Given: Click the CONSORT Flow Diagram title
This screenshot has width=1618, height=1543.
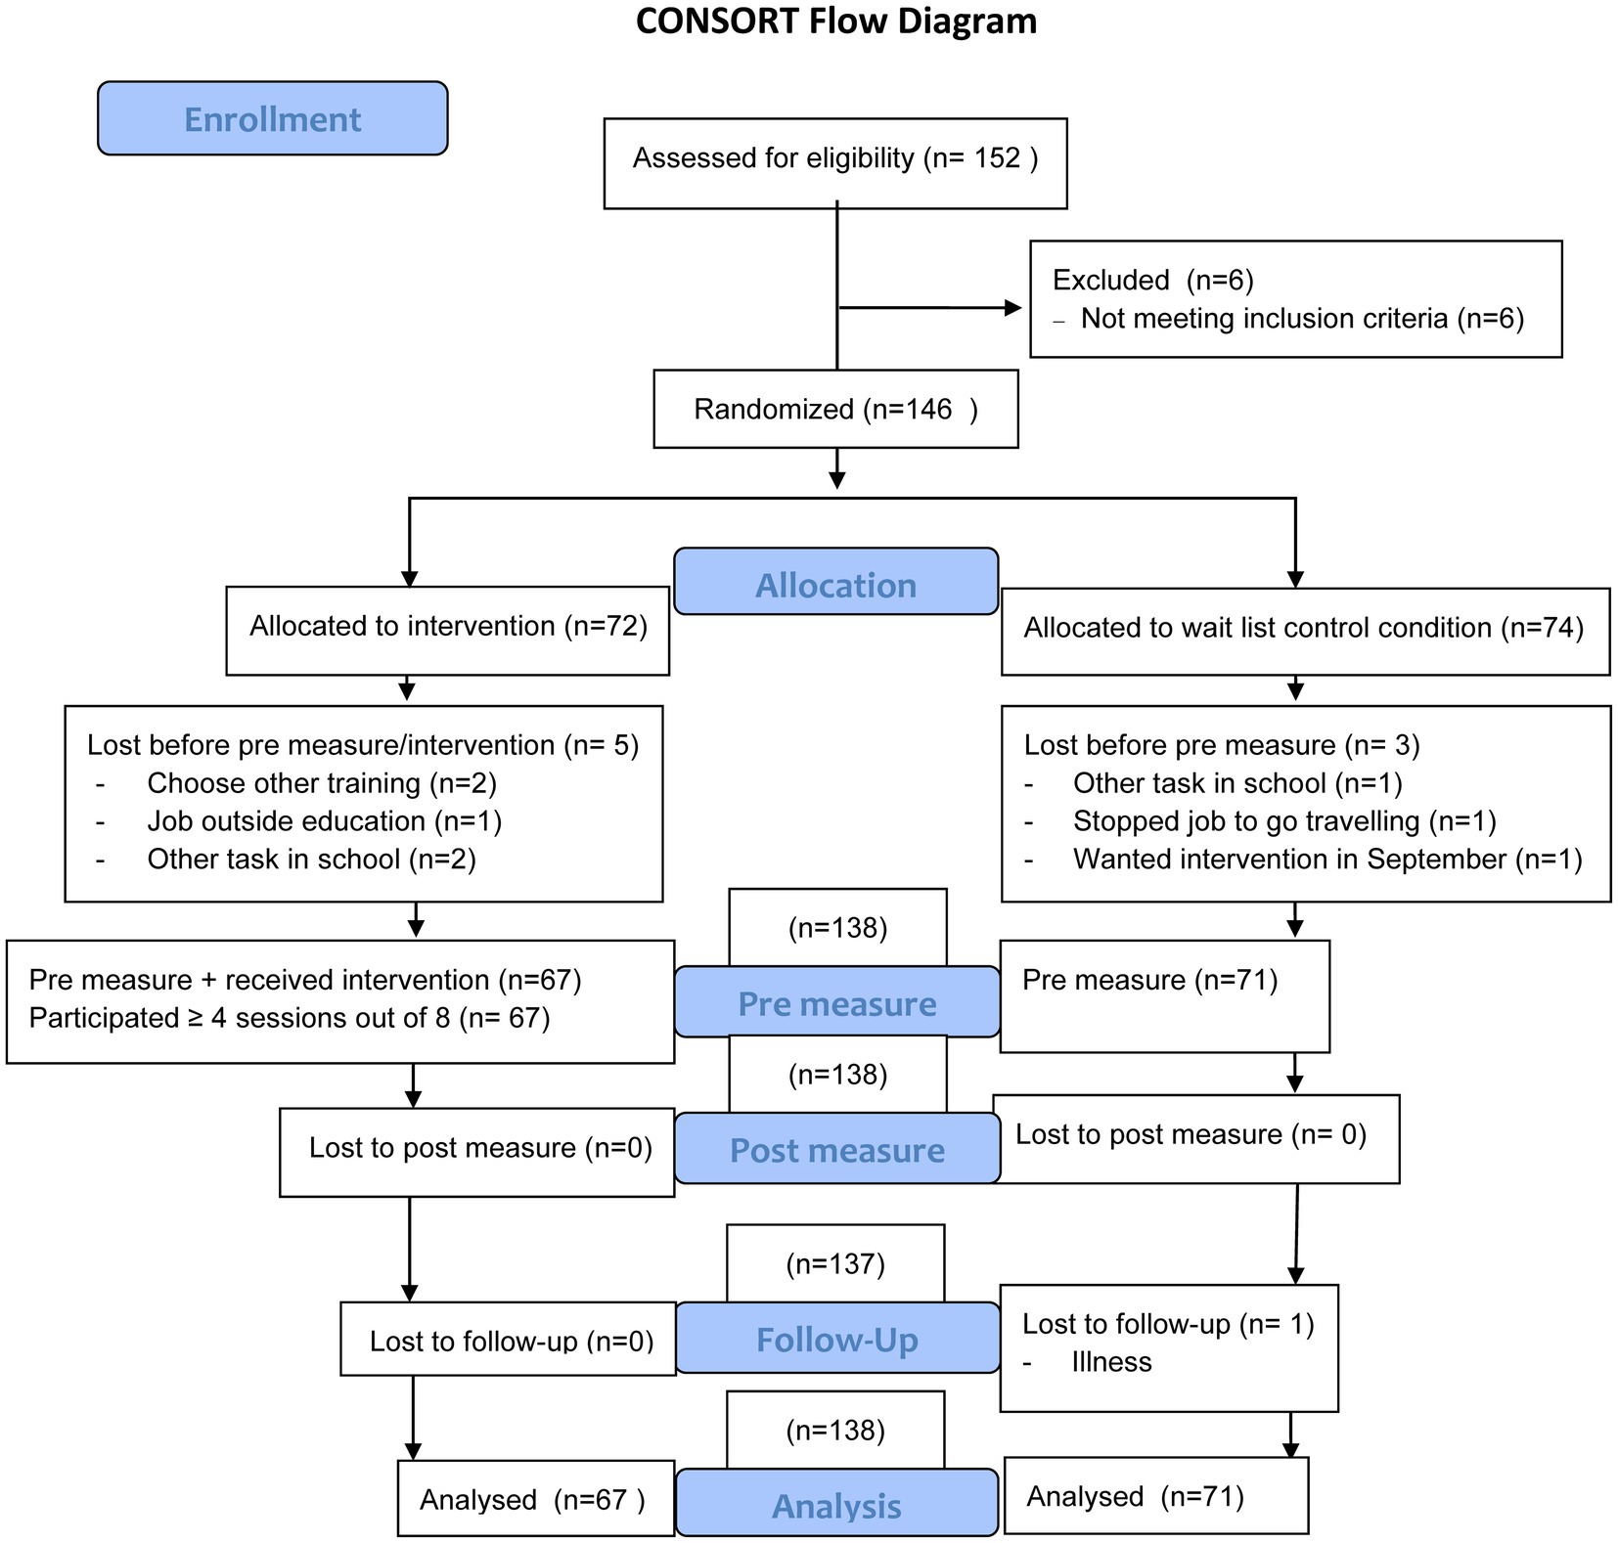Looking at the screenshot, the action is (835, 21).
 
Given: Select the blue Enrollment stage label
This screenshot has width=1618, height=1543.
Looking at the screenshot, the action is (272, 118).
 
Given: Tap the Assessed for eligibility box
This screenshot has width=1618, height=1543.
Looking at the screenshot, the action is (835, 163).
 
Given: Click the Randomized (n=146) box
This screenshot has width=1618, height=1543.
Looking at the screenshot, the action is (835, 409).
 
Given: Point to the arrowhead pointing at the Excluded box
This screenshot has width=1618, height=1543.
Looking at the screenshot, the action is (1013, 308).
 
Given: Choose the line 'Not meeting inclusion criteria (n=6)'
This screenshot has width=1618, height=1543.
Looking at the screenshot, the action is (1302, 319).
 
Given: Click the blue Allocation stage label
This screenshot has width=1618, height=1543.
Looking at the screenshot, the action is (836, 582).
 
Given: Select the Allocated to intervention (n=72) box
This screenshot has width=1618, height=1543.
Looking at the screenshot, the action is (447, 631).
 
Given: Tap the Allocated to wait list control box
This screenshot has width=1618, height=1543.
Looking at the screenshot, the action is (1305, 632).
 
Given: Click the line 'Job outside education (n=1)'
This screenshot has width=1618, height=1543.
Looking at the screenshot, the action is (325, 821).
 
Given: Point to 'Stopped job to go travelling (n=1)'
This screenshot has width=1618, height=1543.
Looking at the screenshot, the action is (1284, 821).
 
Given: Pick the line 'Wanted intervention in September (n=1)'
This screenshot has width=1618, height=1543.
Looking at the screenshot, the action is (1327, 860).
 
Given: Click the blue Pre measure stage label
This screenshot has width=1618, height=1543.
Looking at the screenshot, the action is (836, 1002).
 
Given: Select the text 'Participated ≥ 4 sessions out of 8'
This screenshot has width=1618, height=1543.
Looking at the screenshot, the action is (240, 1018).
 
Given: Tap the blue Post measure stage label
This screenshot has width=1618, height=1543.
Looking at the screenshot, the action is (836, 1149).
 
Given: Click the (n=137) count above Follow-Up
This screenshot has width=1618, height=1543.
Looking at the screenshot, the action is (835, 1264).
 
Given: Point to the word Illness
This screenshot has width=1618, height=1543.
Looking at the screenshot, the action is (1111, 1362).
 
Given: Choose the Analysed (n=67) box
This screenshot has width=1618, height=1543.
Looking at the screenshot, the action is (536, 1499).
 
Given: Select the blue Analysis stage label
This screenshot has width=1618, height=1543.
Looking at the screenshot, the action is (836, 1503).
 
